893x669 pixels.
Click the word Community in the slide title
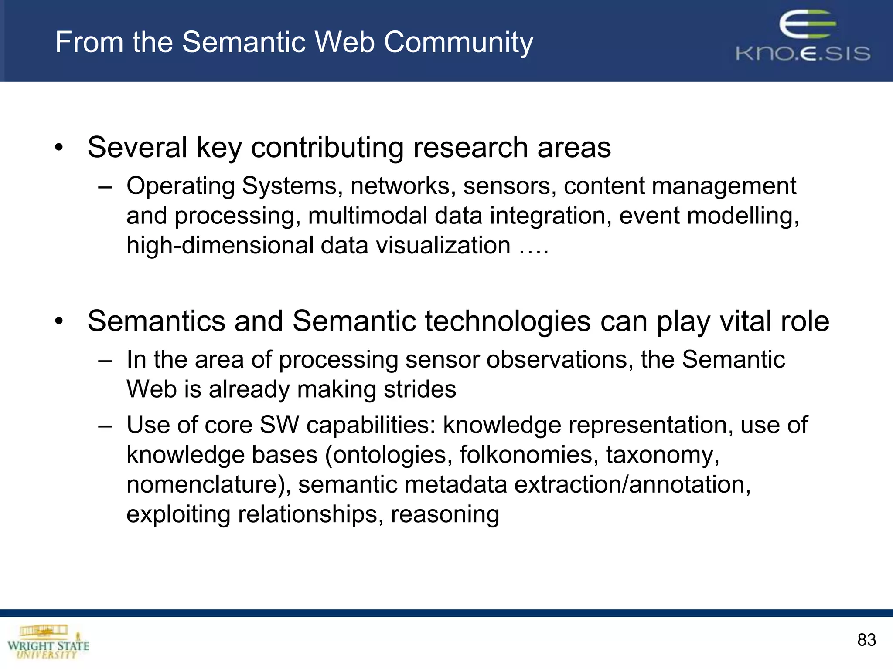(x=458, y=43)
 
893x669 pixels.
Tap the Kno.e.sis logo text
(x=803, y=54)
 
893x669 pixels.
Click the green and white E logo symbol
(x=807, y=25)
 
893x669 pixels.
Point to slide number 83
(x=866, y=640)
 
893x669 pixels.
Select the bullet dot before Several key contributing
(x=59, y=148)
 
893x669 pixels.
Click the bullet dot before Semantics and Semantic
(x=59, y=322)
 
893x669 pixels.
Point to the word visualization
(x=443, y=246)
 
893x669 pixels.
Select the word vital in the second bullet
(x=746, y=321)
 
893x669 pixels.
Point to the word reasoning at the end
(x=445, y=515)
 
